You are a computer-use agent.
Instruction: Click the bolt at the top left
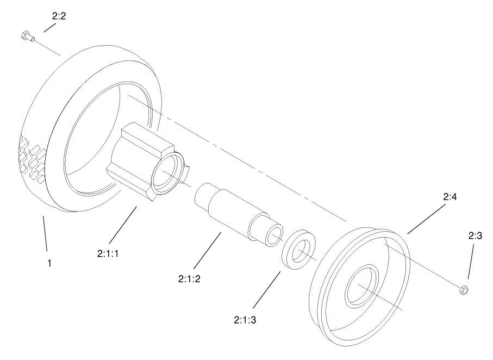click(27, 36)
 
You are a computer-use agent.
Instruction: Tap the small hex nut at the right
click(464, 290)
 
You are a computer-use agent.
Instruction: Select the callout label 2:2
click(59, 16)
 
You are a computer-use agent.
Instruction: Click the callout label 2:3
click(475, 235)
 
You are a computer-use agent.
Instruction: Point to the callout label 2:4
click(450, 197)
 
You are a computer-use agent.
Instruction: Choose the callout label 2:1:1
click(108, 253)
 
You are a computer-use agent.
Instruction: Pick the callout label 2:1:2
click(189, 278)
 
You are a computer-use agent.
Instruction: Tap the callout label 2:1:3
click(245, 320)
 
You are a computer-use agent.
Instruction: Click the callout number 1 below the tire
click(49, 263)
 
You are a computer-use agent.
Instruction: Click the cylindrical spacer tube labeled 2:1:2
click(239, 214)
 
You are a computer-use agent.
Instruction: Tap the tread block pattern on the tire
click(32, 159)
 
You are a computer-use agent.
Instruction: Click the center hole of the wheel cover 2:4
click(361, 286)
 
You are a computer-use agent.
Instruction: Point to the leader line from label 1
click(45, 233)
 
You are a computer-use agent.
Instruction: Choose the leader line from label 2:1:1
click(123, 225)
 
